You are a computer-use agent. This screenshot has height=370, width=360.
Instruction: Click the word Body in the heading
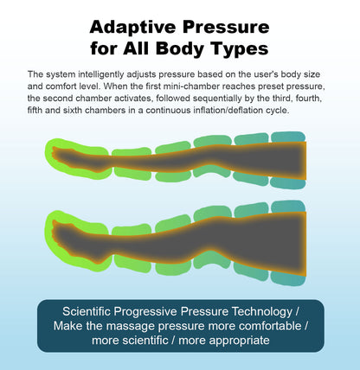click(x=183, y=50)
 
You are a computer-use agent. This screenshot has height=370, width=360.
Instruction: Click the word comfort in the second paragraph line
click(x=61, y=86)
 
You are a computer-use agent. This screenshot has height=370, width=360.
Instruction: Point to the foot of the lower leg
click(x=74, y=233)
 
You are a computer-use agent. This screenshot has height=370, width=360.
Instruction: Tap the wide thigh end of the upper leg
click(x=286, y=160)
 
